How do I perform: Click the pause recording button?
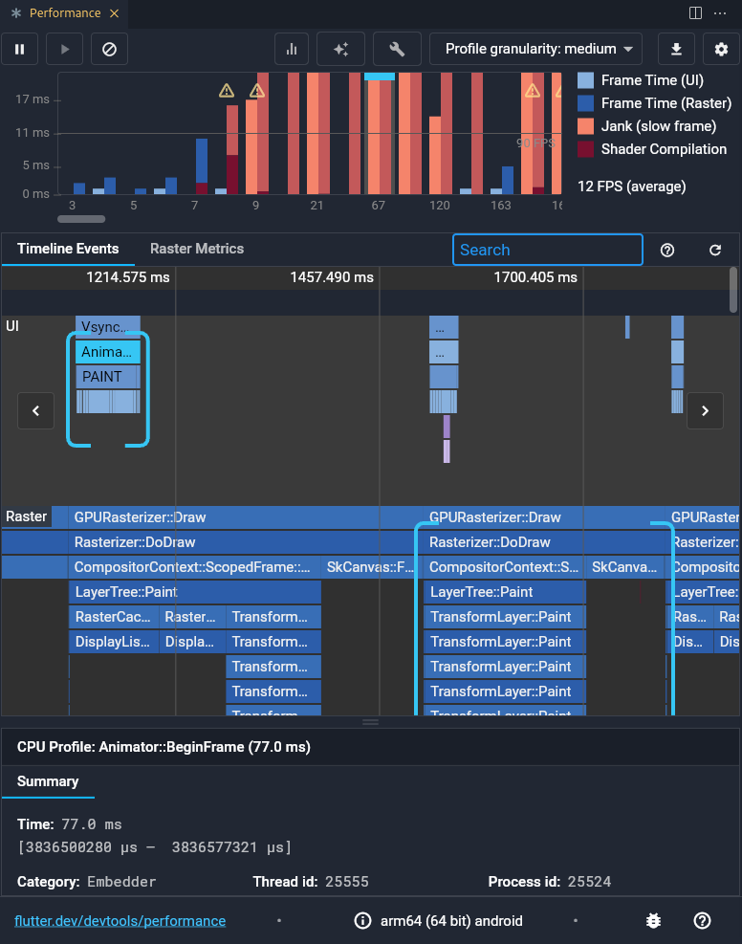coord(19,49)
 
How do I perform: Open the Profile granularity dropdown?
coord(535,49)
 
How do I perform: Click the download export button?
coord(677,49)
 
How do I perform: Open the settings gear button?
coord(721,49)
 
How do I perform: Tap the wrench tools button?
coord(397,49)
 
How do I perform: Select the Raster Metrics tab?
coord(197,249)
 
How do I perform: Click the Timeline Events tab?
coord(68,249)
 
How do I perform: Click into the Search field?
coord(547,250)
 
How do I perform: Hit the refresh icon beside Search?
coord(715,250)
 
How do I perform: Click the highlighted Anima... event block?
coord(107,352)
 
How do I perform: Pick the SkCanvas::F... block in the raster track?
coord(370,567)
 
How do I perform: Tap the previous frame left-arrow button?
coord(35,410)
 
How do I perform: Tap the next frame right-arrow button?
coord(706,410)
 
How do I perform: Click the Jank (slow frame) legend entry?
coord(658,126)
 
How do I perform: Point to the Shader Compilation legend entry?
coord(664,149)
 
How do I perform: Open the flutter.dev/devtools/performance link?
coord(120,921)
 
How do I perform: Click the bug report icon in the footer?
coord(653,921)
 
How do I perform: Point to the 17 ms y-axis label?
coord(33,99)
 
